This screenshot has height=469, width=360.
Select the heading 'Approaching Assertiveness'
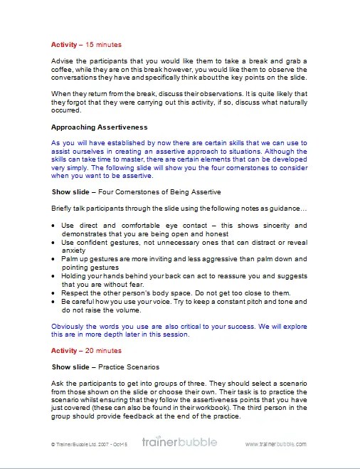[99, 127]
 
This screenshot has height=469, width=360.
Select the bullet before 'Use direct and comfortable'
[55, 225]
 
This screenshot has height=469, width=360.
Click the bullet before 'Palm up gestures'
[55, 259]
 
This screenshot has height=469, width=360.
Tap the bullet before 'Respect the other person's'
[55, 293]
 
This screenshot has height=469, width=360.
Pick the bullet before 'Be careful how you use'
[55, 301]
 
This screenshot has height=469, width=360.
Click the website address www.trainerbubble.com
[276, 443]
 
